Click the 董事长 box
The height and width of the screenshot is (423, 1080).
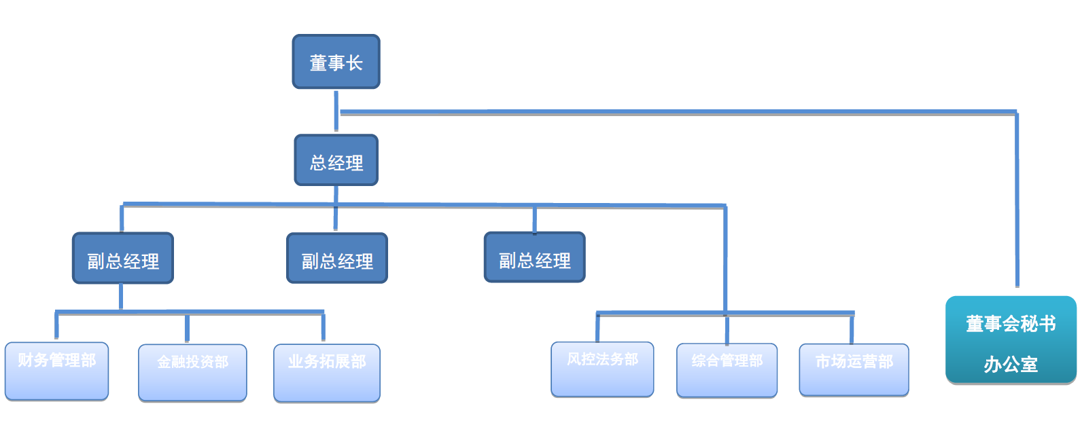click(336, 62)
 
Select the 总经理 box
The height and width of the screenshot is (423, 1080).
click(336, 160)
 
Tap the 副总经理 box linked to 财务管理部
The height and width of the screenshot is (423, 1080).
click(123, 259)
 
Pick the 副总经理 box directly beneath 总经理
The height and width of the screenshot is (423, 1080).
click(337, 259)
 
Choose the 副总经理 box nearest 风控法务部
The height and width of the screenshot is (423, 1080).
click(534, 258)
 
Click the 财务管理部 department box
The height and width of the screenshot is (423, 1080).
click(56, 371)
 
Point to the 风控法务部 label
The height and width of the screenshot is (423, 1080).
click(602, 359)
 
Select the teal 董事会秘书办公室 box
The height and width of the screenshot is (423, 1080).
click(1011, 340)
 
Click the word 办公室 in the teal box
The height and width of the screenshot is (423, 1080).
click(1011, 365)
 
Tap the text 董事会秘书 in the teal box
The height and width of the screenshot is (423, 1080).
click(1011, 324)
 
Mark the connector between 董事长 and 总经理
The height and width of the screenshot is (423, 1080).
click(336, 111)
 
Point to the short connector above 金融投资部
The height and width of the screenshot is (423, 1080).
click(187, 328)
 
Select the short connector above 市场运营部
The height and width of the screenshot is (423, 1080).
click(851, 329)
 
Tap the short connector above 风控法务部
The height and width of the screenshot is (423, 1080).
click(597, 327)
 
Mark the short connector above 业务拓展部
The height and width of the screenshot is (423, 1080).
click(323, 328)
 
